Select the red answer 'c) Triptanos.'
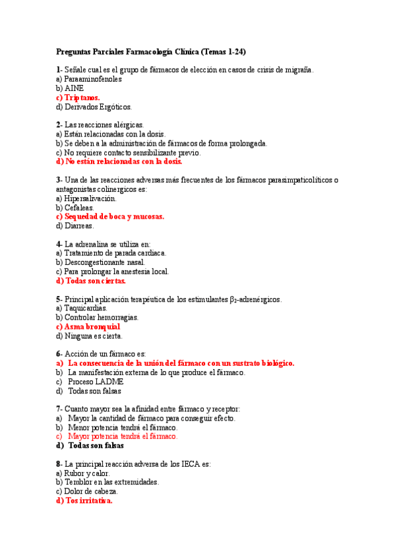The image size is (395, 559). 78,97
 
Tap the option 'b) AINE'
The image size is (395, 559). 70,88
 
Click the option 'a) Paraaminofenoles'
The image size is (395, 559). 89,78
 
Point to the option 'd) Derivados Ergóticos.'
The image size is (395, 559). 94,106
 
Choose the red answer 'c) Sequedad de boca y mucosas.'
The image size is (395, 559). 110,216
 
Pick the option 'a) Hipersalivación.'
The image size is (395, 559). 86,198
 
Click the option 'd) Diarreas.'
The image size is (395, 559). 75,225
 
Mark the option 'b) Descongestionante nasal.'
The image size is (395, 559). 100,262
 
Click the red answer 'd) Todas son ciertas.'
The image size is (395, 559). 91,280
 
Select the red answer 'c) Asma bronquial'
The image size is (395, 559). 88,326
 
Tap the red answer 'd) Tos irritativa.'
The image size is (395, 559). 84,500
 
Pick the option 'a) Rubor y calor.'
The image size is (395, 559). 83,473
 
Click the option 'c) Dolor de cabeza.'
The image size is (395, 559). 87,491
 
